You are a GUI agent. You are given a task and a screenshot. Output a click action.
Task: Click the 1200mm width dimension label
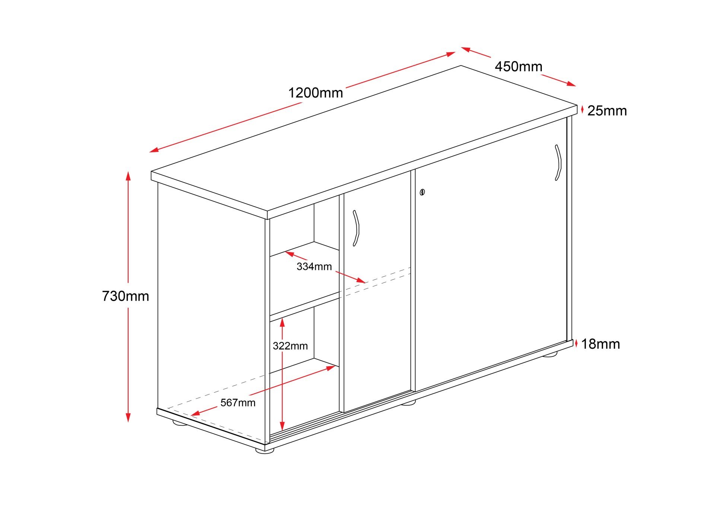click(x=316, y=93)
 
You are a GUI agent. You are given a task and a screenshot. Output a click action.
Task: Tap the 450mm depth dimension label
click(x=518, y=67)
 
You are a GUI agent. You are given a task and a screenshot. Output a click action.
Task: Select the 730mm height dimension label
click(x=125, y=296)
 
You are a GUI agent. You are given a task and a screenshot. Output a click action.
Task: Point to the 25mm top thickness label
click(x=607, y=111)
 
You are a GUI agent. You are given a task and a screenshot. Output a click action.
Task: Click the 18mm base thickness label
click(x=600, y=344)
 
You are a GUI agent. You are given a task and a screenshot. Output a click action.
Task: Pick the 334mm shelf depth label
click(x=314, y=266)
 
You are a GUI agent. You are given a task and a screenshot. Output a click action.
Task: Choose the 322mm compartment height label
click(x=290, y=346)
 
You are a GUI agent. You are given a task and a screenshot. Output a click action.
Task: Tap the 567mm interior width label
click(x=238, y=403)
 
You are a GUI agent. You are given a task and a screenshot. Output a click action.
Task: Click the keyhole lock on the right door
click(x=422, y=192)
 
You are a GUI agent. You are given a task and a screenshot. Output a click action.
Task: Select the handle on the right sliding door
click(x=557, y=163)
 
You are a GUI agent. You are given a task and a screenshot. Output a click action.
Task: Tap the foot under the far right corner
click(x=549, y=354)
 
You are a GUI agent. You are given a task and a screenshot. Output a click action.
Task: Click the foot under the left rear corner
click(x=180, y=423)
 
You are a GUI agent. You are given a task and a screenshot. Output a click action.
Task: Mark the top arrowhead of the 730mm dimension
click(x=128, y=176)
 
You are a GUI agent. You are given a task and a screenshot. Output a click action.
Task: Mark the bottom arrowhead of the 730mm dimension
click(x=128, y=417)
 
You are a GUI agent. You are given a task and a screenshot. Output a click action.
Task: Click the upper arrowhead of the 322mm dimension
click(x=282, y=322)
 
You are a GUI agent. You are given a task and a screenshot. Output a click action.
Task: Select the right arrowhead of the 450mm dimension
click(x=571, y=84)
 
